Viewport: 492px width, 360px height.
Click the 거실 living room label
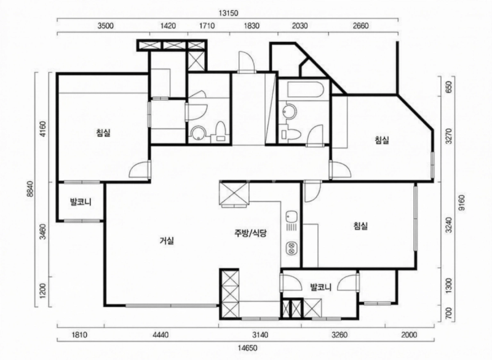(x=167, y=241)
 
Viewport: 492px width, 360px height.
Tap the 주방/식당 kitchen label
(x=250, y=233)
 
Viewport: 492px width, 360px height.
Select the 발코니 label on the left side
(x=81, y=202)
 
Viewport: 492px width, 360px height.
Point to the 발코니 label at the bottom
(x=320, y=287)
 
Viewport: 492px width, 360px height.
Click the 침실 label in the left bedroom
(x=103, y=133)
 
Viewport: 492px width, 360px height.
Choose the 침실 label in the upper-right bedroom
(x=382, y=140)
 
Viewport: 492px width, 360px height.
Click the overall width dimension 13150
(x=228, y=13)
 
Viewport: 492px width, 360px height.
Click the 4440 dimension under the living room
(x=161, y=335)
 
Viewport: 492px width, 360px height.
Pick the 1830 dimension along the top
(x=252, y=25)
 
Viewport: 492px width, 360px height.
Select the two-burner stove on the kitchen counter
(x=291, y=248)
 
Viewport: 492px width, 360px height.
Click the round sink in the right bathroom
(x=288, y=111)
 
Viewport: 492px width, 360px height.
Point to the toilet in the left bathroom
(x=220, y=132)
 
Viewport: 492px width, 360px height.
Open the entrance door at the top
(x=247, y=62)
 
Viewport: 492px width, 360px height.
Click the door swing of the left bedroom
(x=139, y=170)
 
